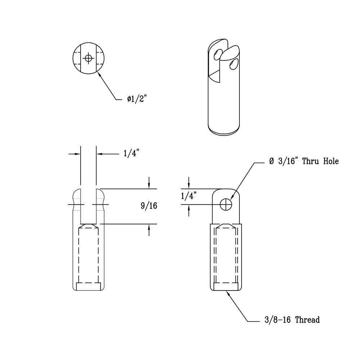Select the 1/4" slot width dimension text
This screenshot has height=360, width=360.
coord(131,154)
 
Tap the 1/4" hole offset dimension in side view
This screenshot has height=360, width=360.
coord(188,196)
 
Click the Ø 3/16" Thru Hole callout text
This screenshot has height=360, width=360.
coord(304,162)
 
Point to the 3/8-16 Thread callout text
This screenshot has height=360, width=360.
coord(290,320)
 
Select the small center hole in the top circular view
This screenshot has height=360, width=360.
coord(88,58)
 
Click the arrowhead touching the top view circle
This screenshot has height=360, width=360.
coord(99,73)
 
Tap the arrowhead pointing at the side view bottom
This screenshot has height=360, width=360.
coord(228,293)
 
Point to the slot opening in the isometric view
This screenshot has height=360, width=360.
coord(219,65)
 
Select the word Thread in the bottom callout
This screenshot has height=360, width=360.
coord(307,320)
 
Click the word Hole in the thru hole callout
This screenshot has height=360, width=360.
coord(330,162)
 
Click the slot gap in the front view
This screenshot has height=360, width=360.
coord(88,205)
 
